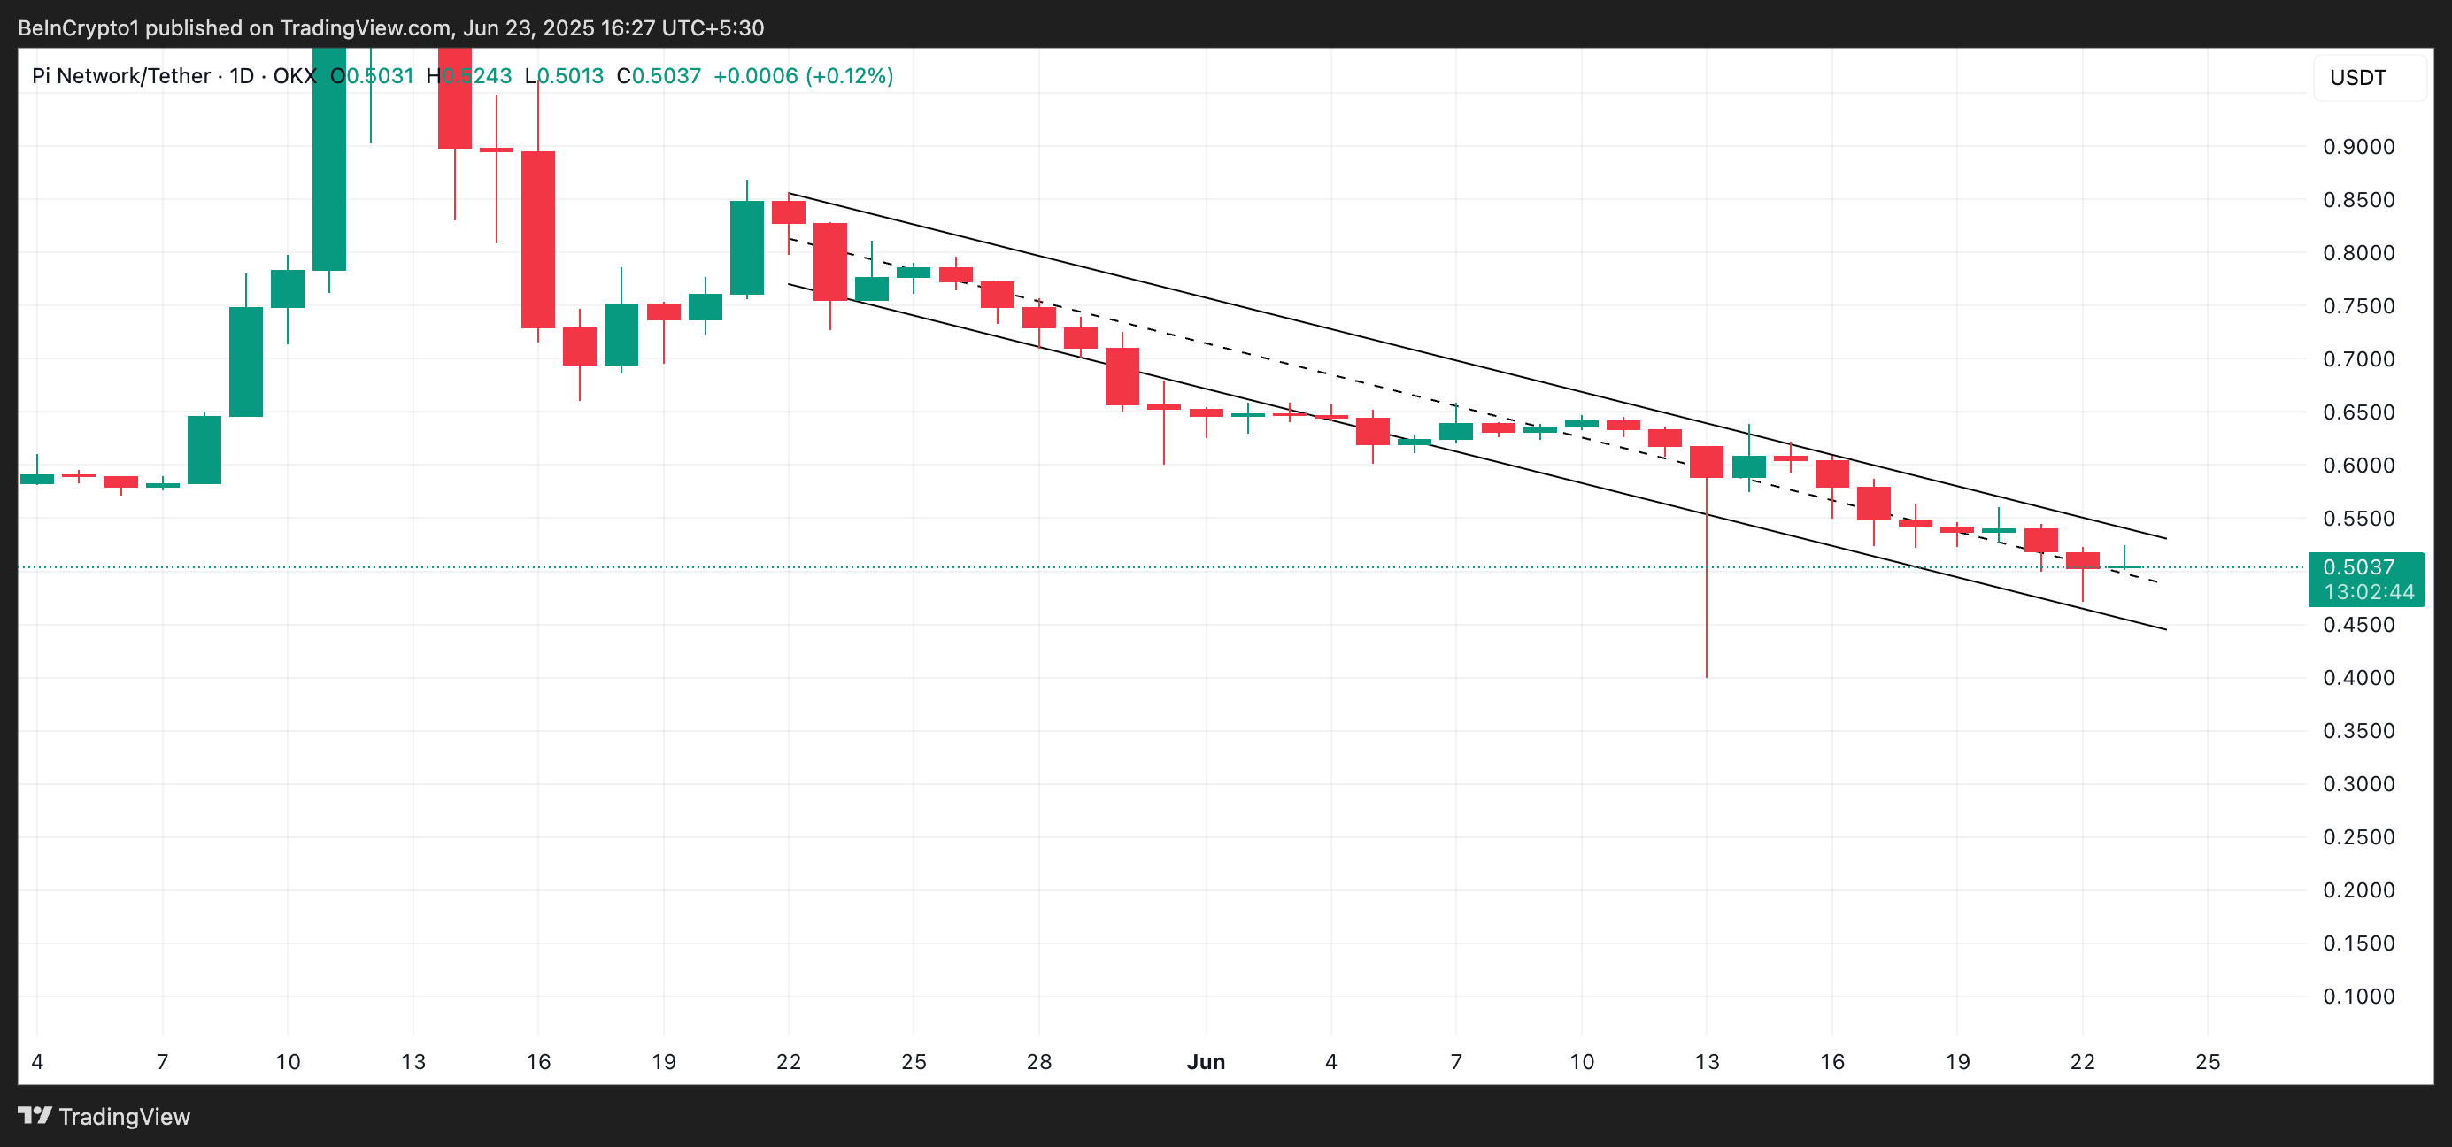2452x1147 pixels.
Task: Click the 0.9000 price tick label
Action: pos(2358,147)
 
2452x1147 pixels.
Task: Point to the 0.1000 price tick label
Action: pos(2358,997)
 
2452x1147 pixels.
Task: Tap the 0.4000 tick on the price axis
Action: pos(2358,678)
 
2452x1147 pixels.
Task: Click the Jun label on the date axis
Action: pos(1205,1061)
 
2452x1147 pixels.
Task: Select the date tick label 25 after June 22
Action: pos(2208,1061)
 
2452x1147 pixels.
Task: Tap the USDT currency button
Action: pos(2358,77)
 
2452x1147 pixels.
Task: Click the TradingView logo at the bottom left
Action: pos(104,1117)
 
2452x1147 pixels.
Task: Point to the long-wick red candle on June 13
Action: pos(1706,462)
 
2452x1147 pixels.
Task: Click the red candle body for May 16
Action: pos(538,240)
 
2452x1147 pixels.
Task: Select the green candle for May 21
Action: pos(746,248)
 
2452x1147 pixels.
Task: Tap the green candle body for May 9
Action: pos(245,362)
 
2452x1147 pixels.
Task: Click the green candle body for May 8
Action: pos(204,450)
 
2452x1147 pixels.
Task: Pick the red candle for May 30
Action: pos(1122,376)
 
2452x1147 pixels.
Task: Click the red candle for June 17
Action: pos(1873,503)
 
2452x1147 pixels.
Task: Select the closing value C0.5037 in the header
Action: pos(658,76)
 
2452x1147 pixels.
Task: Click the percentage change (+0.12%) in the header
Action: pos(849,76)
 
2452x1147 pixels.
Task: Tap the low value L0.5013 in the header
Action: pos(565,76)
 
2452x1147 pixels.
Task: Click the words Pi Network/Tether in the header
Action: pos(121,76)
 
